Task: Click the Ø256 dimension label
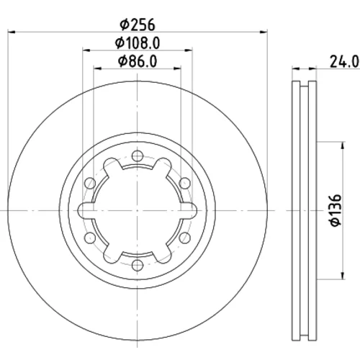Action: (x=138, y=24)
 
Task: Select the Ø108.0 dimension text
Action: (x=138, y=43)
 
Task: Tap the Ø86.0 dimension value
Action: (x=138, y=61)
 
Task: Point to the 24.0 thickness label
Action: (x=344, y=61)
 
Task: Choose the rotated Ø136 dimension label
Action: (x=336, y=210)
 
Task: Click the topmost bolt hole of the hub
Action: (x=138, y=156)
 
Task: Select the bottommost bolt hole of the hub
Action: (x=138, y=265)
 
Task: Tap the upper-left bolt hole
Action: (x=90, y=183)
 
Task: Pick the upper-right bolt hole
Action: (x=184, y=183)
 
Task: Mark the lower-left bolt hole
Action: (x=90, y=238)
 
